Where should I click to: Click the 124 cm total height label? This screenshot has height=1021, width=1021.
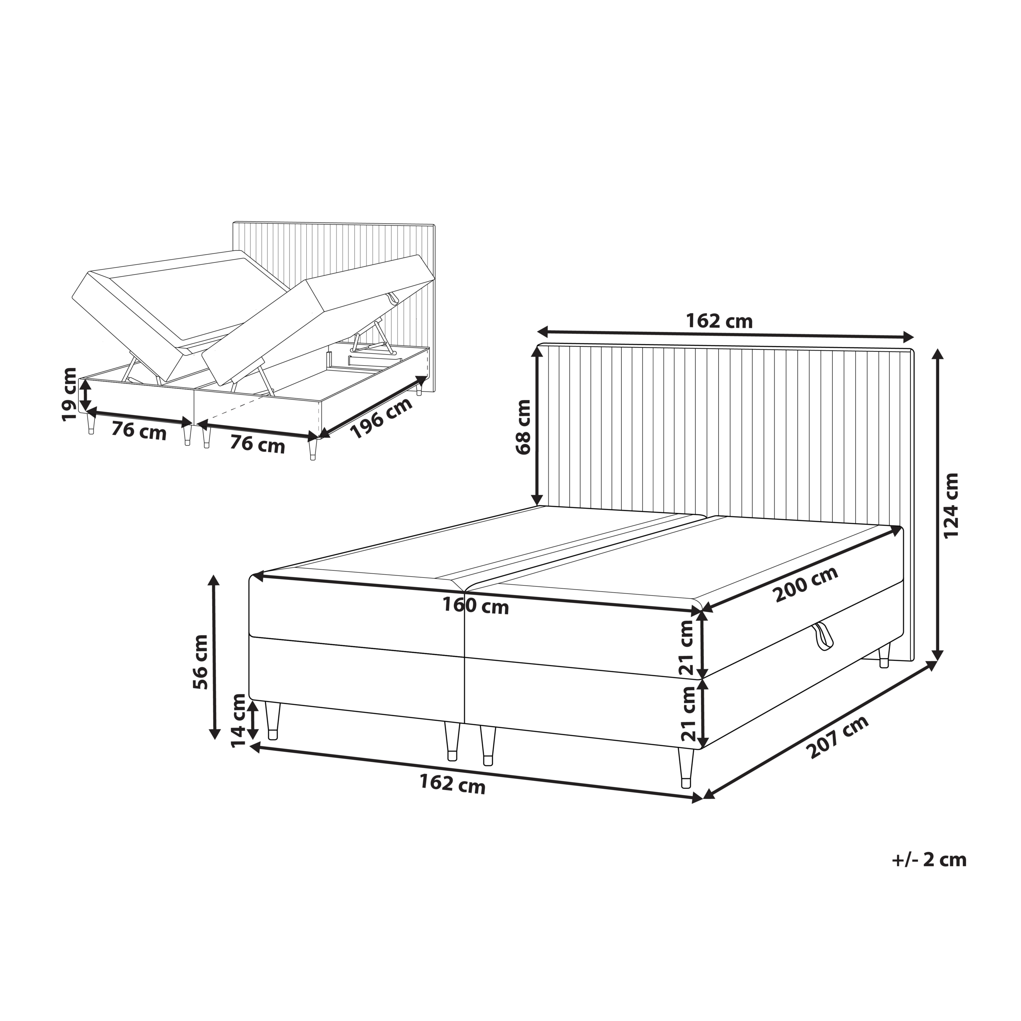point(951,506)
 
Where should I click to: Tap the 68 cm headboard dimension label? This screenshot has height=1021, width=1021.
point(523,427)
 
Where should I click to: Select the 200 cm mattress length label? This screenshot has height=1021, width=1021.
point(806,585)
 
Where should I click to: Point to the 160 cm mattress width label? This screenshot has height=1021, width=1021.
point(476,606)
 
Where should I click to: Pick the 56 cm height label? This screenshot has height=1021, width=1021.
point(201,662)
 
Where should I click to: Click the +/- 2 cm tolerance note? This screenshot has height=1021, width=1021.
point(928,860)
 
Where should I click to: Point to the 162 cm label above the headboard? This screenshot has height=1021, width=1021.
point(719,321)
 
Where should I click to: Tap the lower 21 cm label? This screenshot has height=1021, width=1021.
point(688,714)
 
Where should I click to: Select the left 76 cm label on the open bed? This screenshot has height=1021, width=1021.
point(139,432)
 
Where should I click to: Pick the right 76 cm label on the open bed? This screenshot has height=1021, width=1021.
point(257,445)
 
